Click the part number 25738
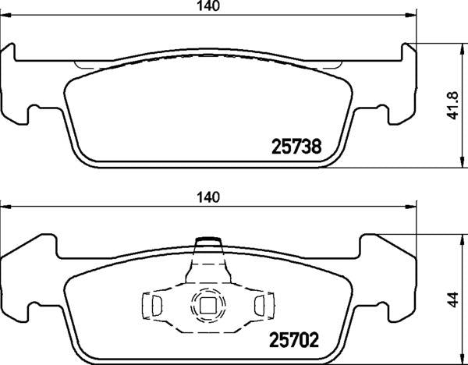(296, 147)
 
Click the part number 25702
(294, 340)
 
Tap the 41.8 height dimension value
(453, 105)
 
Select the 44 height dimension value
(453, 299)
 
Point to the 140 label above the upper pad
(208, 6)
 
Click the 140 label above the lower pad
(208, 197)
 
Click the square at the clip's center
(207, 306)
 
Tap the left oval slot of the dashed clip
(157, 306)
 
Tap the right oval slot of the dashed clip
(260, 306)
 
